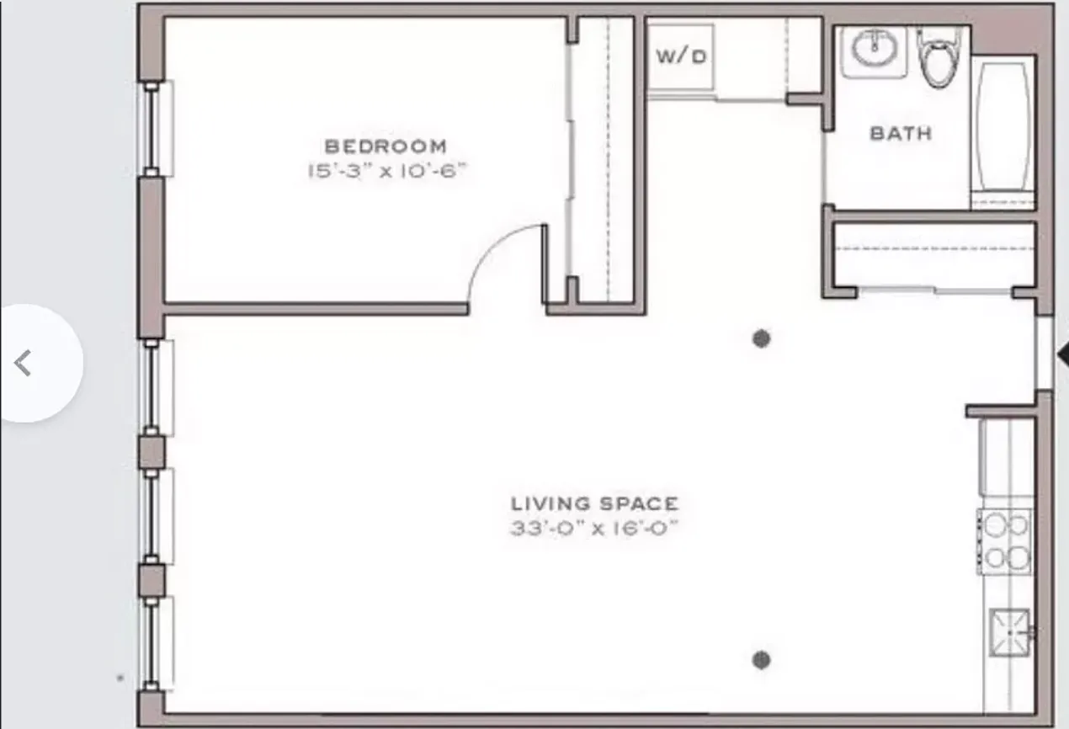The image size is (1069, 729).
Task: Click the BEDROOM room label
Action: tap(386, 146)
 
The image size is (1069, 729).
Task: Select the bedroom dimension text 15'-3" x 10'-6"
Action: tap(386, 171)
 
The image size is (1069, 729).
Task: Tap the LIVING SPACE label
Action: tap(594, 503)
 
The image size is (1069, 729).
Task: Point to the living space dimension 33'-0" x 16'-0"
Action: tap(594, 529)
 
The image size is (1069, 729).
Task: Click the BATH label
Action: tap(901, 133)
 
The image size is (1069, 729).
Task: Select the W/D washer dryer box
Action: tap(681, 57)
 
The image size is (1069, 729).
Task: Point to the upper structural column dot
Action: tap(762, 338)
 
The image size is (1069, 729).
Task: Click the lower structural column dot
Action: tap(762, 659)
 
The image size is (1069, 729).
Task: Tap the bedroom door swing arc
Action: tap(501, 261)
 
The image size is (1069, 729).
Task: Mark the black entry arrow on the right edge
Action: tap(1062, 354)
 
